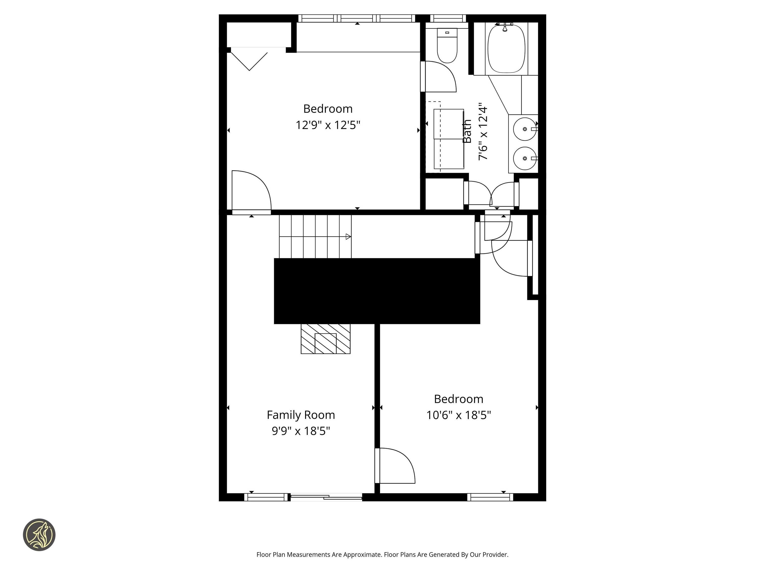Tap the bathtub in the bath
pos(506,48)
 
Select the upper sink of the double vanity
pos(525,129)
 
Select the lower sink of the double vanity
pos(525,158)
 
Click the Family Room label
pos(301,415)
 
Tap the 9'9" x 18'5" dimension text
pos(301,431)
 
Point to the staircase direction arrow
pos(348,237)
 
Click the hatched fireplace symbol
pos(325,339)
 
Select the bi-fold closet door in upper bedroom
pos(249,61)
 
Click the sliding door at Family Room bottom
pos(326,498)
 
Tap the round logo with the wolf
pos(39,535)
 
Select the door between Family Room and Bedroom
pos(395,466)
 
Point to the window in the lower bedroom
pos(490,498)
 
